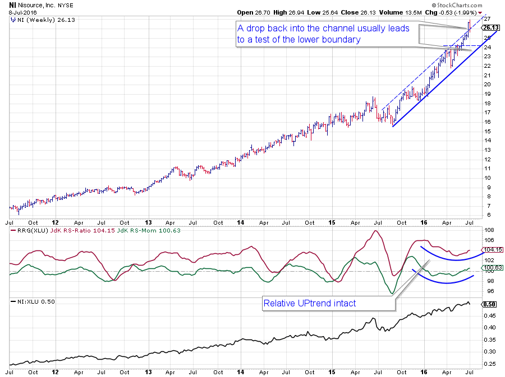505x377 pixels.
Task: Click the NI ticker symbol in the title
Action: coord(12,4)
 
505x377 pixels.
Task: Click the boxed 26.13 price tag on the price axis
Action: coord(490,27)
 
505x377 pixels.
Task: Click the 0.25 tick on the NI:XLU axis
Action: coord(489,364)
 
